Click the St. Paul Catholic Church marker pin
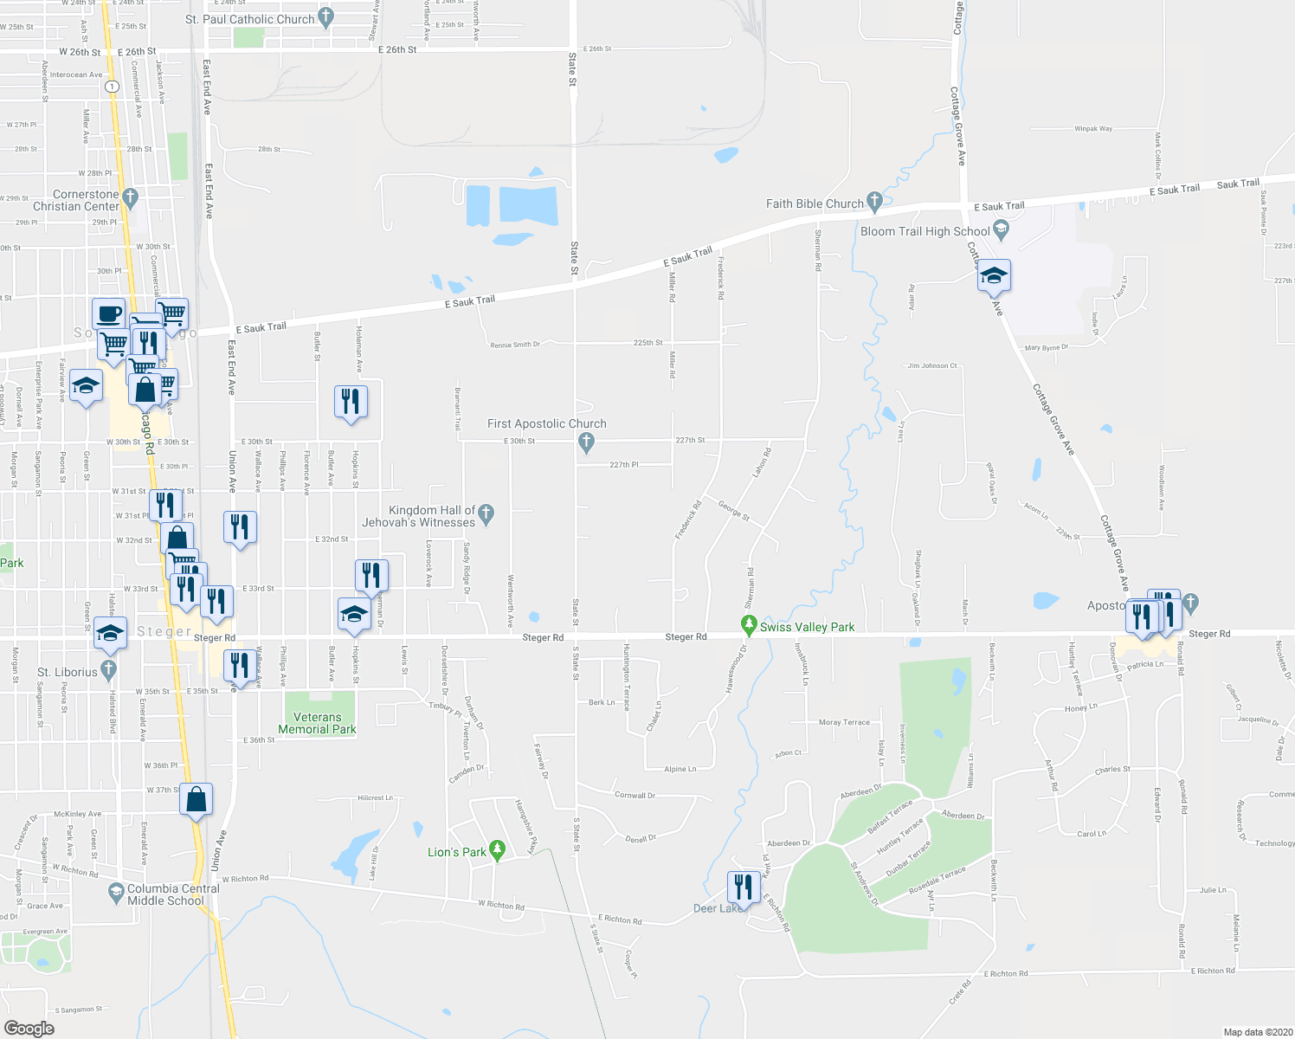pyautogui.click(x=325, y=16)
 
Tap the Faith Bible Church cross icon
pyautogui.click(x=874, y=202)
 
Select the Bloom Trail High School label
pyautogui.click(x=925, y=231)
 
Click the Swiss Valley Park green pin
pyautogui.click(x=750, y=624)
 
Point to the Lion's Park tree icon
pyautogui.click(x=497, y=850)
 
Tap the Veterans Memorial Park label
pyautogui.click(x=318, y=723)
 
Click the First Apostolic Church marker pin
pyautogui.click(x=587, y=443)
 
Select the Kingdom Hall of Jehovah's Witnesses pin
pyautogui.click(x=486, y=514)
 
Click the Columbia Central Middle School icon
pyautogui.click(x=116, y=891)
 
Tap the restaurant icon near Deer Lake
pyautogui.click(x=744, y=887)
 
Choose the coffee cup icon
pyautogui.click(x=109, y=313)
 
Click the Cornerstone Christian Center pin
pyautogui.click(x=130, y=197)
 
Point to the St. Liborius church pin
pyautogui.click(x=108, y=669)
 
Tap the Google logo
pyautogui.click(x=29, y=1028)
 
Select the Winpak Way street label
pyautogui.click(x=1093, y=129)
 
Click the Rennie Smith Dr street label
pyautogui.click(x=515, y=345)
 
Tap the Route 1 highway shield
pyautogui.click(x=112, y=87)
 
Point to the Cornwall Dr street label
pyautogui.click(x=635, y=795)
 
